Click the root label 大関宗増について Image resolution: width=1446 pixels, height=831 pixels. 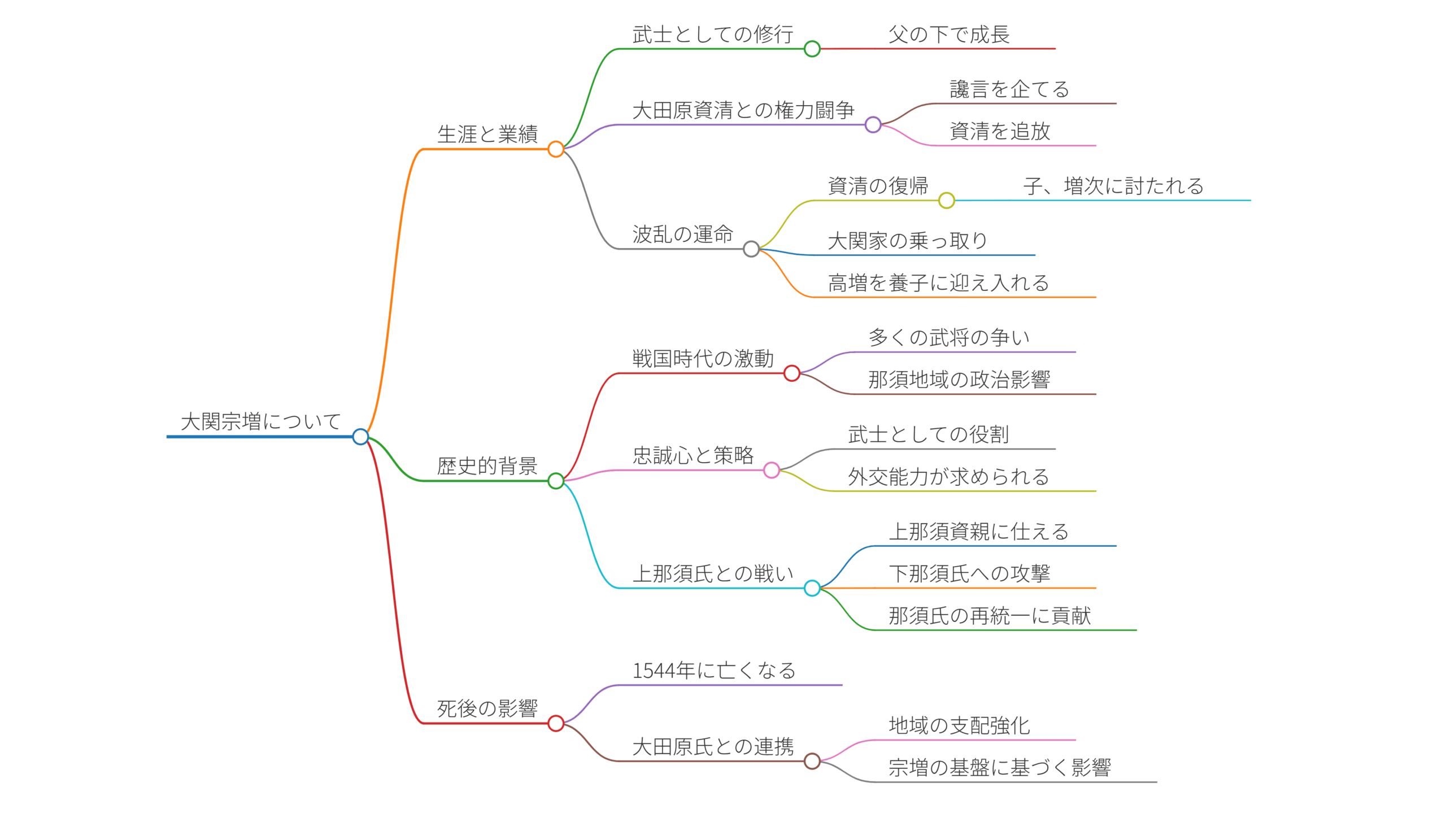260,422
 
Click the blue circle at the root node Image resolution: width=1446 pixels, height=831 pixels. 360,437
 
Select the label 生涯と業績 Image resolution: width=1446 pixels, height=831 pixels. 487,134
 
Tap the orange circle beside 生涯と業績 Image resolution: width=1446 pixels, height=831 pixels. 556,150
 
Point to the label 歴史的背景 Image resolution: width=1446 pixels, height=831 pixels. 487,466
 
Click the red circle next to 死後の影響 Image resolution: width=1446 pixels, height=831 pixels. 556,723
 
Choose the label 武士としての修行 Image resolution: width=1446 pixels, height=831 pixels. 713,35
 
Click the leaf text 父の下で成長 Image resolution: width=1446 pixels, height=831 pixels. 949,35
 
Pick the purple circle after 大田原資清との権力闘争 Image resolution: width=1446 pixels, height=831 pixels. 873,124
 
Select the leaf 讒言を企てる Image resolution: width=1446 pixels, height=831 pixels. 1009,90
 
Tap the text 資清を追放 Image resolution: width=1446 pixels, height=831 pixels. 1000,131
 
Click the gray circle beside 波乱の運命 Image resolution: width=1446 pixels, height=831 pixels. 752,249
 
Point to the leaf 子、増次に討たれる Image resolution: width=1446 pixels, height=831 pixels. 1113,186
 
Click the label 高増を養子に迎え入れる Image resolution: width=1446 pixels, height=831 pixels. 939,283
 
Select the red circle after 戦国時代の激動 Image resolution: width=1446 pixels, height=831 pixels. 792,373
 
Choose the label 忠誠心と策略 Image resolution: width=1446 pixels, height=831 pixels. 693,455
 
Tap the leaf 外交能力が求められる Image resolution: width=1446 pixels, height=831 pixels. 948,477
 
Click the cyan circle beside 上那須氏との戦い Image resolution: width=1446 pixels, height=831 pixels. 812,588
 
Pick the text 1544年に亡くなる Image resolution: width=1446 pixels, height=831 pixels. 714,671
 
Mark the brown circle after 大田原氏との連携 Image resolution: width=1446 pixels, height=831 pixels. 812,761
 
